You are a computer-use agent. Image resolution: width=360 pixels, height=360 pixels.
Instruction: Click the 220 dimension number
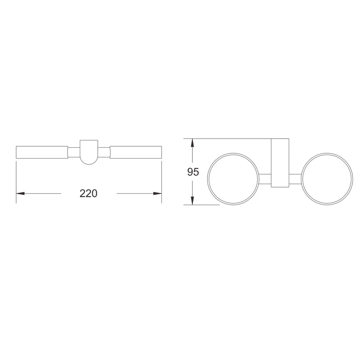[88, 194]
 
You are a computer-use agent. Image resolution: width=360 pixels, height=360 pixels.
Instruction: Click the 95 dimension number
[193, 172]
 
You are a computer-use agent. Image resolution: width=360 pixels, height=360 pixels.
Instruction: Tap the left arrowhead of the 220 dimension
[20, 194]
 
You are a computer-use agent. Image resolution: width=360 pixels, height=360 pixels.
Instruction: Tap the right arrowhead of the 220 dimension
[157, 194]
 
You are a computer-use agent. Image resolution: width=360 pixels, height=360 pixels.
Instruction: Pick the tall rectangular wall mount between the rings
[280, 163]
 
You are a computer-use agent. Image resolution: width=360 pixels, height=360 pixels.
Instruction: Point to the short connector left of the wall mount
[265, 179]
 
